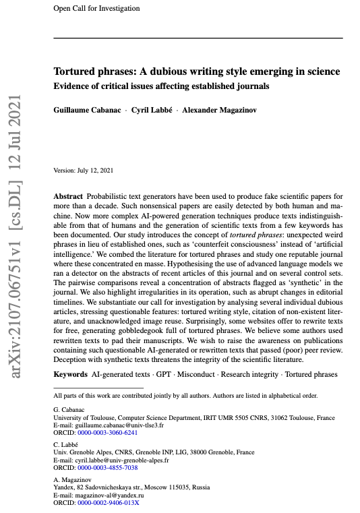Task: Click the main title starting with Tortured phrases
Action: pyautogui.click(x=197, y=71)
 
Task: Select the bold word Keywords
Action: pyautogui.click(x=71, y=373)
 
